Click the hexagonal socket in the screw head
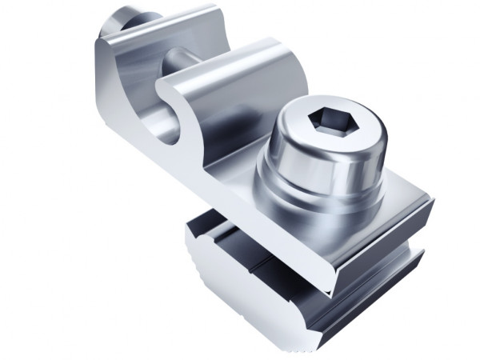tap(329, 121)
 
